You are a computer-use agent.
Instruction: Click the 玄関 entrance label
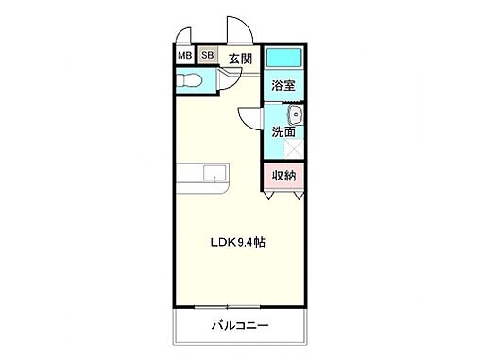point(240,59)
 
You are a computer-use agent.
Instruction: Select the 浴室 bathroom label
point(283,86)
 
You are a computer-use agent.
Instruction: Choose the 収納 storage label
point(284,176)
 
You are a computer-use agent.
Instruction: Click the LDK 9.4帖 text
point(237,242)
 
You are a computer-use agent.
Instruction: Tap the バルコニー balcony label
point(239,327)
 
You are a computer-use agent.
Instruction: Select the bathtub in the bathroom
point(283,58)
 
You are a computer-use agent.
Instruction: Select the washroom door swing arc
point(249,118)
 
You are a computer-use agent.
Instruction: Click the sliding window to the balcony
point(240,307)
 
